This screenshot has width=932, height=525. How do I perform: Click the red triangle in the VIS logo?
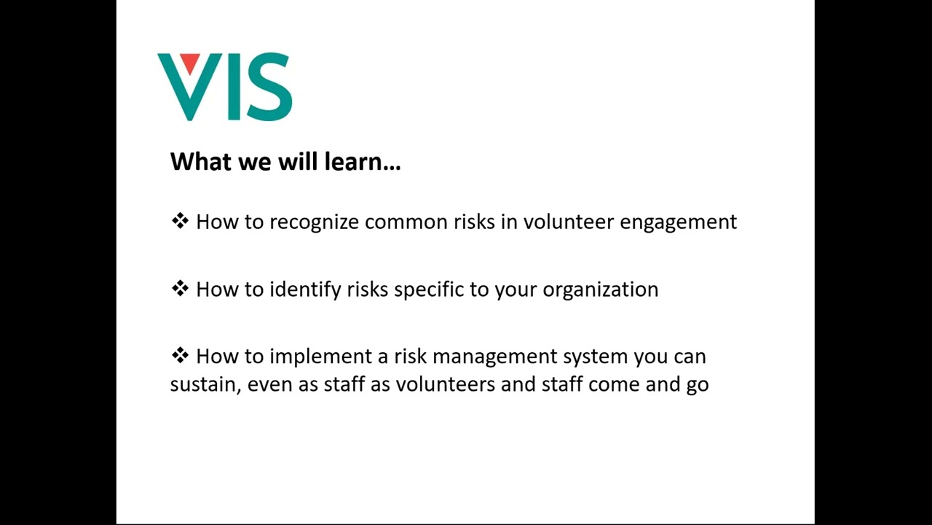pyautogui.click(x=190, y=63)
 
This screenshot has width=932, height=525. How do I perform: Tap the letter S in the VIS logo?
pyautogui.click(x=270, y=87)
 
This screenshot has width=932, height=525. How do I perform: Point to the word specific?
pyautogui.click(x=429, y=289)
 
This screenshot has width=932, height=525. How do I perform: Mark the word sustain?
pyautogui.click(x=205, y=384)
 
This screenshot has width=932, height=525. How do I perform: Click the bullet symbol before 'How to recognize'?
pyautogui.click(x=179, y=220)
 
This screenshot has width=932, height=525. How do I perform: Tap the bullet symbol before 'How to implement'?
pyautogui.click(x=179, y=355)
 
